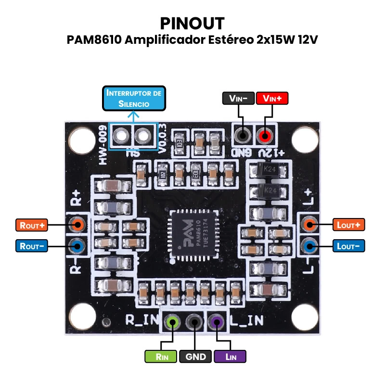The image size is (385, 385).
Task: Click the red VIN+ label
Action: tap(272, 98)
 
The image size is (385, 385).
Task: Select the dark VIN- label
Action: tap(238, 98)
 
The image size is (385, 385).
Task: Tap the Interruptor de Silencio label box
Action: tap(134, 98)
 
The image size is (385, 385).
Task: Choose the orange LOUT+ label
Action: tap(349, 224)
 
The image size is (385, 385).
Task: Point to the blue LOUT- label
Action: tap(349, 246)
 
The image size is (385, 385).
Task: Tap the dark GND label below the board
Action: tap(195, 357)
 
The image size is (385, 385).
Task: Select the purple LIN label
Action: tap(230, 357)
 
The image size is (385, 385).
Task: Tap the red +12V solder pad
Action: tap(264, 136)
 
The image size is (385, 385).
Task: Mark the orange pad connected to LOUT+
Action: tap(309, 224)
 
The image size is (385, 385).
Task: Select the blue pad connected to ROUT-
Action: tap(77, 246)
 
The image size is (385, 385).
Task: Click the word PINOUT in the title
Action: tap(192, 23)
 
